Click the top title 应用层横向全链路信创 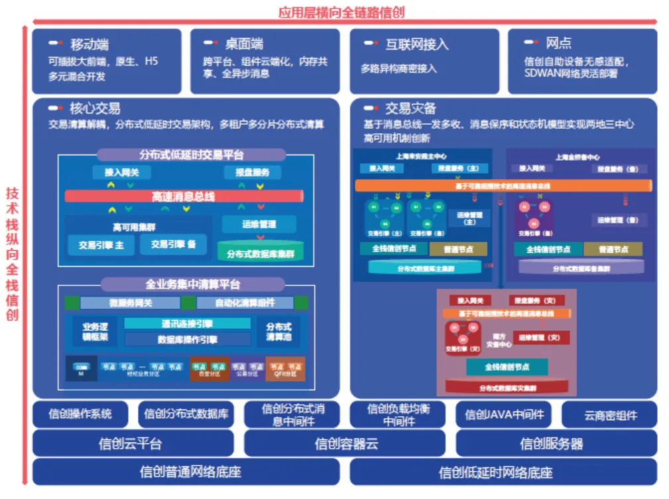342,11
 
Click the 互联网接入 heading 417,44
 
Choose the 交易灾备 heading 411,108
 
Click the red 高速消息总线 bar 184,196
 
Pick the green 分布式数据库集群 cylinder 261,253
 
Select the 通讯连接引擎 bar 187,324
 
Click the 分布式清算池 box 278,331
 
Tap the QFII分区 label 286,374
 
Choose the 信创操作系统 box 80,414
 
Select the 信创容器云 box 346,443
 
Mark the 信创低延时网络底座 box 504,472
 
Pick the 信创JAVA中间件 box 504,415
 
